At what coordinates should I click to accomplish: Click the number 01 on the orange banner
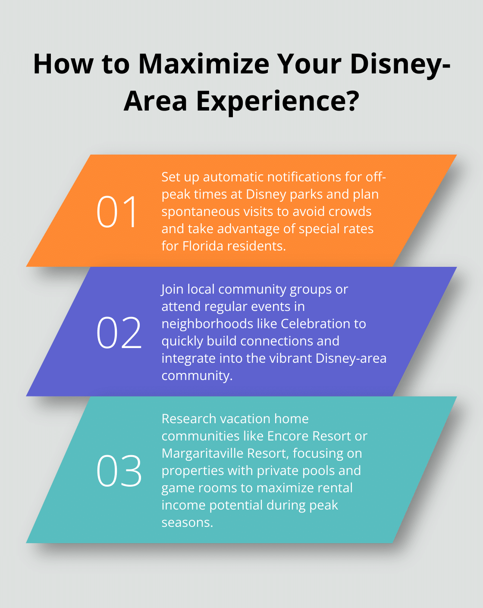tap(117, 212)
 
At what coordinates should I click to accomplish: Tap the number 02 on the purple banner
tap(119, 332)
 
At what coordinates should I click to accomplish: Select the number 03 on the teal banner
tap(119, 471)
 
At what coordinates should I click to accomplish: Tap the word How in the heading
tap(63, 64)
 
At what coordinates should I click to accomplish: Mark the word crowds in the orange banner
tap(350, 212)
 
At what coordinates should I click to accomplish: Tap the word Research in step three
tap(188, 419)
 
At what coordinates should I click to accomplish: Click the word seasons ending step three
tap(187, 522)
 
